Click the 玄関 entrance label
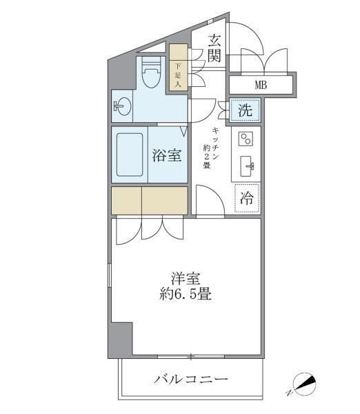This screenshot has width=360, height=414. coord(214,49)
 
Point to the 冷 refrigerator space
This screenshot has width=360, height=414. coord(246,199)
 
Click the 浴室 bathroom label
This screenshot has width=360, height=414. coord(167,155)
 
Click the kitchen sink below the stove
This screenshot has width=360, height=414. coord(247,166)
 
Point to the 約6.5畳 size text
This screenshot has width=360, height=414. coord(183,295)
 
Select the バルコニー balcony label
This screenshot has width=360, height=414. coord(191,379)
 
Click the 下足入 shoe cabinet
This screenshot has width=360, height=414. coord(179,66)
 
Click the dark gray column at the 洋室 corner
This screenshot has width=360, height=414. coord(121,339)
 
